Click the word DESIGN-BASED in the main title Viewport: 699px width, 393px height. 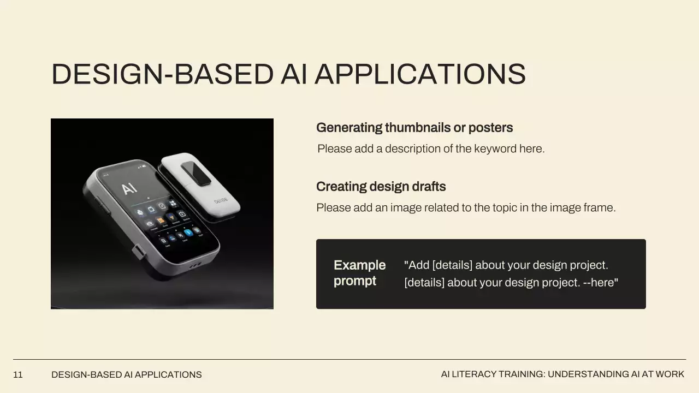163,74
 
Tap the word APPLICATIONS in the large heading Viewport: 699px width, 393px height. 420,74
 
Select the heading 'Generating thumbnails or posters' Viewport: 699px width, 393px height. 414,128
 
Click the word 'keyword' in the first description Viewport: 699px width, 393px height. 495,149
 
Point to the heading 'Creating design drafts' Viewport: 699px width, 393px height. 381,187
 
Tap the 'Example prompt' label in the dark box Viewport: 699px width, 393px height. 360,273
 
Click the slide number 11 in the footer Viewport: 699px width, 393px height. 18,374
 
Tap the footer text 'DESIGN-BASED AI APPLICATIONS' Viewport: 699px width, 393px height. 126,374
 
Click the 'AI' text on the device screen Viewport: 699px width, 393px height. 129,189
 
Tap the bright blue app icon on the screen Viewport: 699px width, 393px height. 188,233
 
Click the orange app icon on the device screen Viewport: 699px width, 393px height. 161,221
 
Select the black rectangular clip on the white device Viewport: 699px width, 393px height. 196,174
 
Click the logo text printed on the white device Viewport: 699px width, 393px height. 221,200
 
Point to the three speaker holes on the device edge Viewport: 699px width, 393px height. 195,265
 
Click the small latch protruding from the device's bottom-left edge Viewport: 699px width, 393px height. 139,252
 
